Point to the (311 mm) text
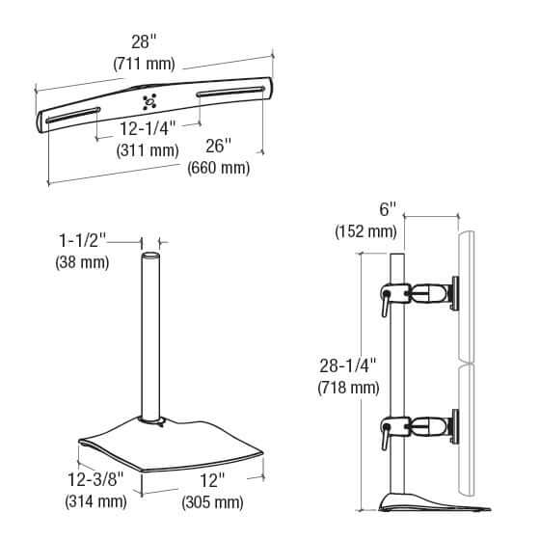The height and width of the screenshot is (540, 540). pos(148,150)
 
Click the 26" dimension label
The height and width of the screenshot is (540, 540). pos(219,147)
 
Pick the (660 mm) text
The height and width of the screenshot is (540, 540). pos(219,168)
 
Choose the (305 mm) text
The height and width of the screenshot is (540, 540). pos(211,502)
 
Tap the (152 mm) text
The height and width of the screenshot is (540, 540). pos(365,232)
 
